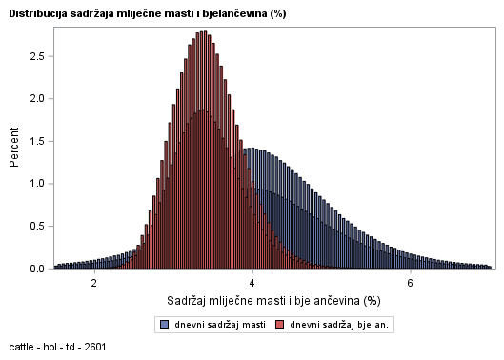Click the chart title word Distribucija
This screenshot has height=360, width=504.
[x=38, y=13]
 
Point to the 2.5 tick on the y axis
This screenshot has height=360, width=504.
[x=35, y=56]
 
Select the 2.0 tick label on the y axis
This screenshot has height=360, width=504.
[x=35, y=99]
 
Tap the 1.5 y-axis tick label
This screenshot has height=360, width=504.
[x=35, y=142]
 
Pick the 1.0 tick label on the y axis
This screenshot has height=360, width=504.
[x=35, y=184]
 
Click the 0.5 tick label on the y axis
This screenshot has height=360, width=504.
[x=35, y=227]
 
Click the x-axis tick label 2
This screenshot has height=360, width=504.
[x=94, y=283]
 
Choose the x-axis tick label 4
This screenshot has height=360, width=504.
[x=252, y=283]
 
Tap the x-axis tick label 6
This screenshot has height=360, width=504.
[x=410, y=283]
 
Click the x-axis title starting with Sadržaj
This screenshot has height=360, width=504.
[x=273, y=301]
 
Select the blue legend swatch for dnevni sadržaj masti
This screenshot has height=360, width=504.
[x=165, y=326]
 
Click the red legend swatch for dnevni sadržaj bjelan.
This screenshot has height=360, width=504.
[x=280, y=326]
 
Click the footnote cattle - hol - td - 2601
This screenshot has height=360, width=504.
[x=57, y=347]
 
